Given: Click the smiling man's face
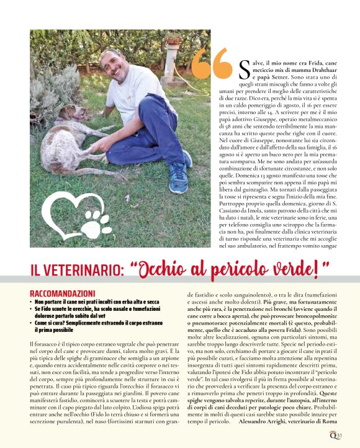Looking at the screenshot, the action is (112, 64).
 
